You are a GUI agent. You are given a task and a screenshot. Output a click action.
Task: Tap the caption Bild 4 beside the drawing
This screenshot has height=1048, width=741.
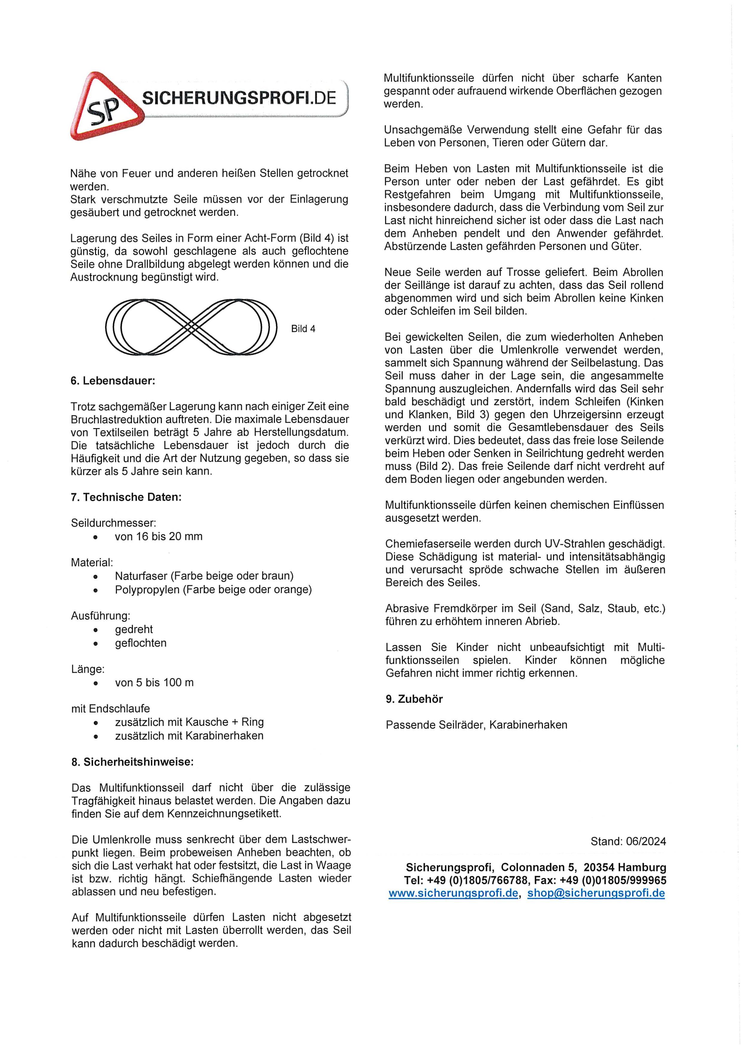(x=303, y=329)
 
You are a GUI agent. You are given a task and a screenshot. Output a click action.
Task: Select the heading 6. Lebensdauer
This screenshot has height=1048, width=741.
(x=113, y=381)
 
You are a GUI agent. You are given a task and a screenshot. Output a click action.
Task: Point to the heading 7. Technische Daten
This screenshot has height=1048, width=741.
(x=126, y=497)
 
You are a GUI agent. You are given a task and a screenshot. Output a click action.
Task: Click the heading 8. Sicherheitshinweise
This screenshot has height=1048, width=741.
(x=132, y=762)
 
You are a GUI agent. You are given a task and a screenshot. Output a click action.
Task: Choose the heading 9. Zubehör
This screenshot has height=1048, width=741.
(x=414, y=699)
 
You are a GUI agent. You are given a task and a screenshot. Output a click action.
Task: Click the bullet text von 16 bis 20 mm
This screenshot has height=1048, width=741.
(x=158, y=536)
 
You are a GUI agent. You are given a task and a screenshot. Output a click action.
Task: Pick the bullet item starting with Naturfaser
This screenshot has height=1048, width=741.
(x=204, y=576)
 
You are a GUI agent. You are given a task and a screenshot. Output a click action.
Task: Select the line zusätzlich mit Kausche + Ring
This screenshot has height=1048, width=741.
(x=189, y=722)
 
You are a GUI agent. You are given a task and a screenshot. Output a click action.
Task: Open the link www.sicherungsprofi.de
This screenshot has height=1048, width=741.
(x=453, y=893)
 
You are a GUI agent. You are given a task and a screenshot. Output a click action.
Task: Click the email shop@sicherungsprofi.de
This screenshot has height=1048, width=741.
(x=596, y=893)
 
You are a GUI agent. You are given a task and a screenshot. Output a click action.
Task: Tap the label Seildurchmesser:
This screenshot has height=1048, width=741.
(x=113, y=523)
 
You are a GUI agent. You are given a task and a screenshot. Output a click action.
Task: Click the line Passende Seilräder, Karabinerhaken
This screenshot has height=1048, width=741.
(x=476, y=725)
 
